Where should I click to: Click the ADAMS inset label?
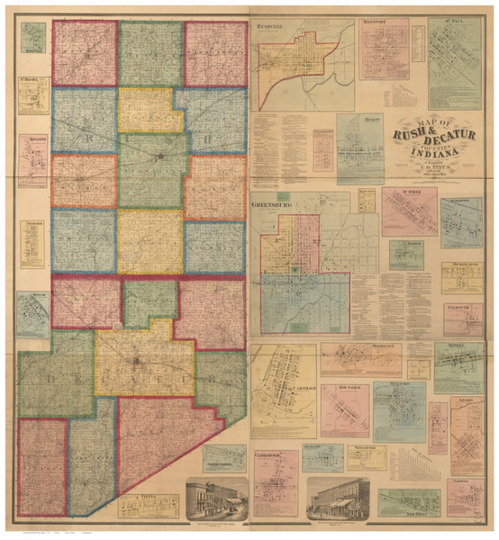pos(467,402)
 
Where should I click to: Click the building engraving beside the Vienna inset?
pos(215,499)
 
